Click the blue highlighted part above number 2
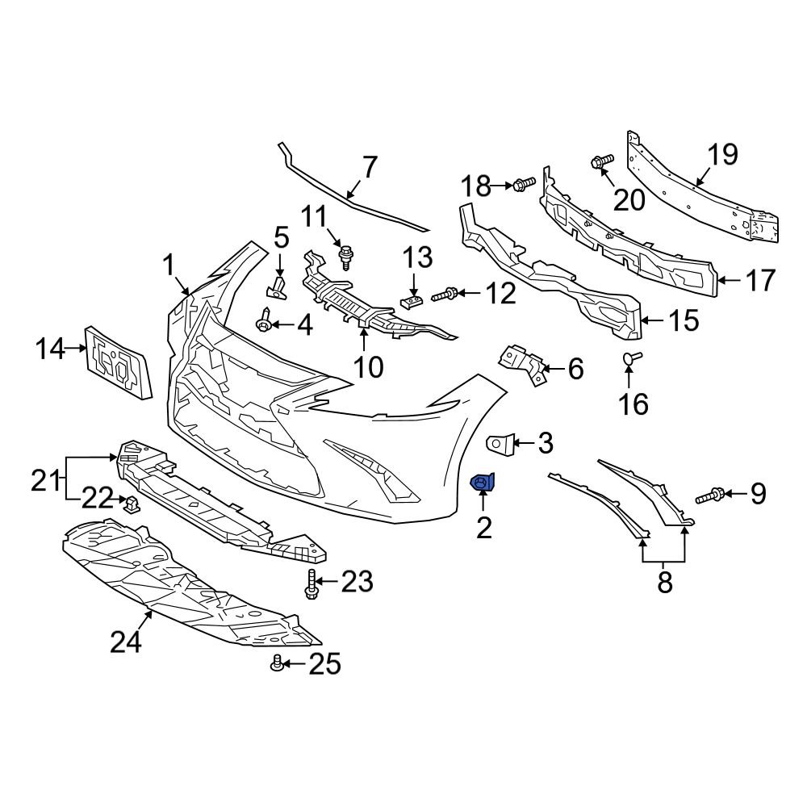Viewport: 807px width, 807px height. tap(484, 483)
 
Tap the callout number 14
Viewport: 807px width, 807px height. tap(50, 349)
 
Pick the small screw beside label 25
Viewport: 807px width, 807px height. tap(278, 663)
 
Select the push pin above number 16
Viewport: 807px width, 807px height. tap(631, 358)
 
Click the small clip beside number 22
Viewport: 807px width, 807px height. tap(130, 504)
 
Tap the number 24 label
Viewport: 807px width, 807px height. tap(127, 642)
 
